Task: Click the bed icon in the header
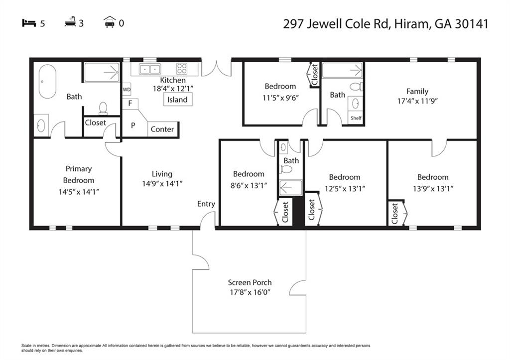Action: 28,23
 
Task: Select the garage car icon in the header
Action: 110,22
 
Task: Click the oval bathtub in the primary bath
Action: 47,81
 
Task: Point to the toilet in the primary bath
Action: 103,108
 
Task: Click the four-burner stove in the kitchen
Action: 182,69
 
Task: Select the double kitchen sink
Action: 150,69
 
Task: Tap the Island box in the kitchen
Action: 178,100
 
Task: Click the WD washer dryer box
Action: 127,90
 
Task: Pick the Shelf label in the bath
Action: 356,118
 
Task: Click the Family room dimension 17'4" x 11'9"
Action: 417,101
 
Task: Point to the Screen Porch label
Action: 250,282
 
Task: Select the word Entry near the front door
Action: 206,204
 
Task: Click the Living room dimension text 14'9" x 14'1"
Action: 162,183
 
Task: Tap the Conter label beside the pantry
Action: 162,129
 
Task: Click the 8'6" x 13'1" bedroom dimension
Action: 249,185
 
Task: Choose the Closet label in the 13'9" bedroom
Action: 394,214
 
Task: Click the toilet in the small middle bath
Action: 286,169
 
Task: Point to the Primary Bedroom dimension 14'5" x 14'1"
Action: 79,192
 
